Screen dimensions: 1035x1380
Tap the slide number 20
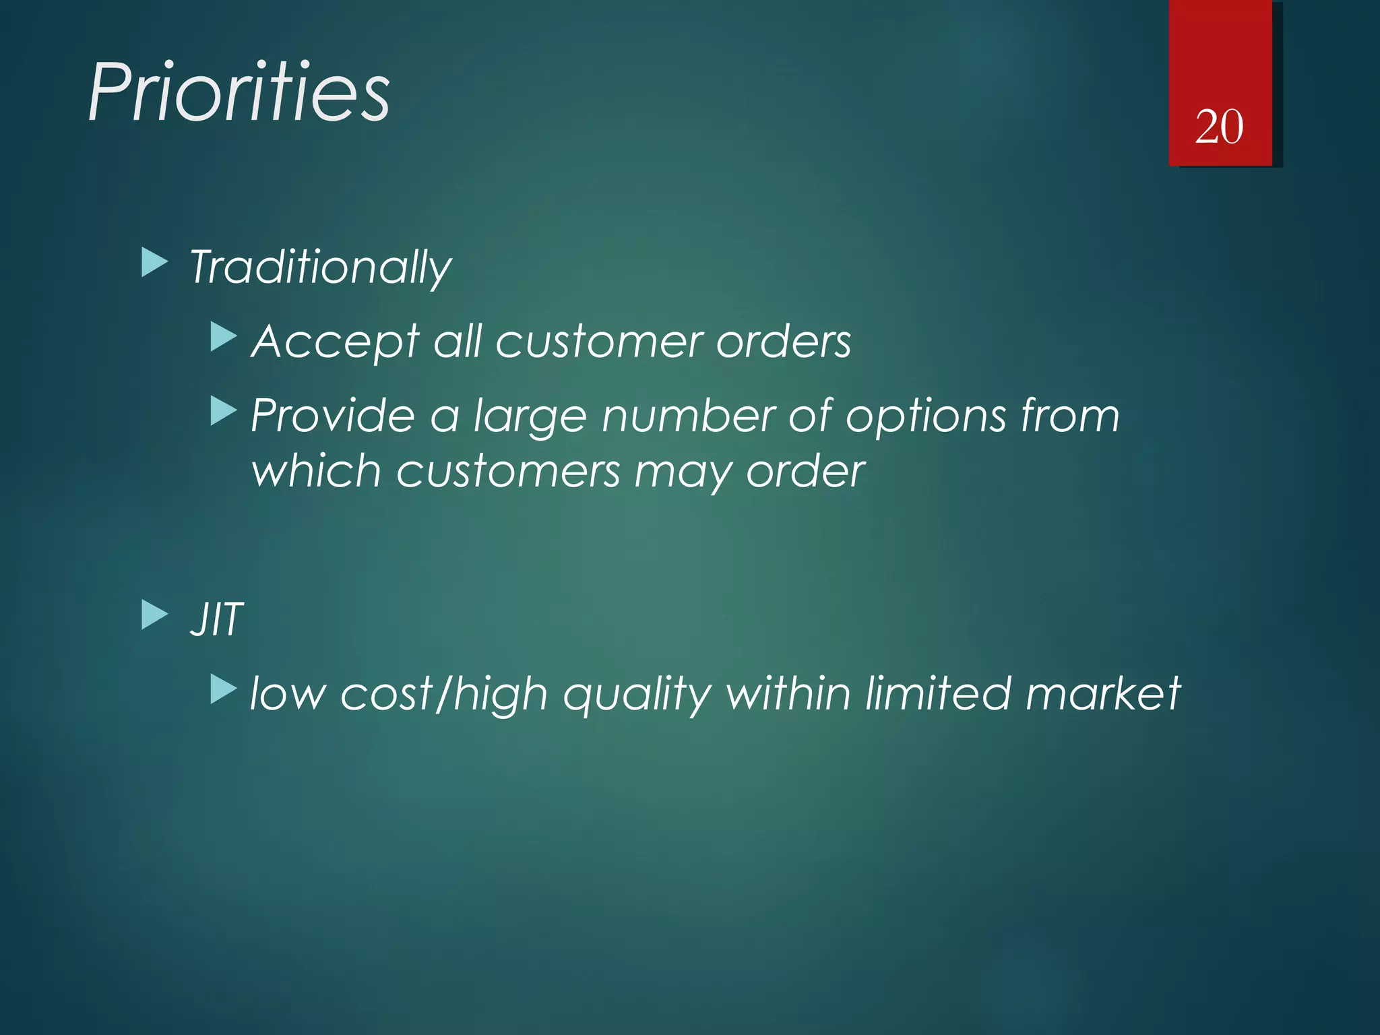point(1219,127)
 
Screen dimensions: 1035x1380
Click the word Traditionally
point(320,268)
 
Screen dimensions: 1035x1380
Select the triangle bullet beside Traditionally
point(154,263)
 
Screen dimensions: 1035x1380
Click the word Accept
point(335,342)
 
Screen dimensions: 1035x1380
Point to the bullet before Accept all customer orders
point(223,337)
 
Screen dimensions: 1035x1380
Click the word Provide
point(333,415)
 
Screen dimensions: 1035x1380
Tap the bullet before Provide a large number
point(223,410)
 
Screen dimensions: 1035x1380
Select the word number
point(688,415)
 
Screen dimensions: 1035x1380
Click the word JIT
point(216,619)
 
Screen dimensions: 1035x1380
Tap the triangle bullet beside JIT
point(154,615)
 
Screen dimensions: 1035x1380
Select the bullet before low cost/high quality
point(223,689)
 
